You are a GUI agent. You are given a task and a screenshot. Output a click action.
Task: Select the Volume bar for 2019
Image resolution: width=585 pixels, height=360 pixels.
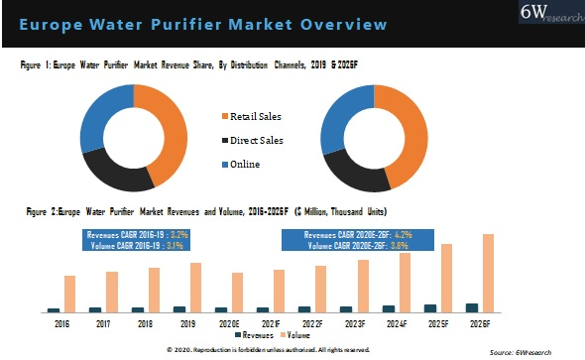pos(196,288)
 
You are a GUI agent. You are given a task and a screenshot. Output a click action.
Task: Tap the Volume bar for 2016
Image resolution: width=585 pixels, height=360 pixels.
pos(69,294)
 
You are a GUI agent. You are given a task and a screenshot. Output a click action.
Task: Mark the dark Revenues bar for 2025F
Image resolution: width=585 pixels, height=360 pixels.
pos(429,307)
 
